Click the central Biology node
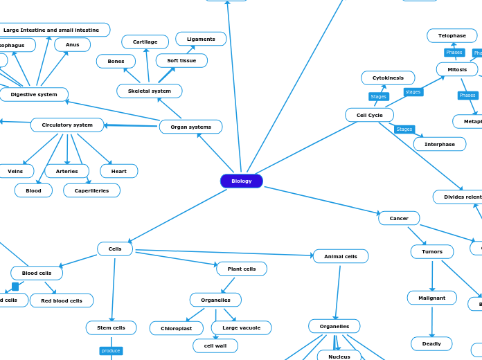coord(242,181)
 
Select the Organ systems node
coord(190,127)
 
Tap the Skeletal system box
coord(150,91)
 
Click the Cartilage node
coord(145,42)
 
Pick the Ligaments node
coord(201,39)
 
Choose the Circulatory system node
coord(67,125)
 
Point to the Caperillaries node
coord(91,190)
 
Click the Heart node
coord(119,171)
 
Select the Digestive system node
coord(34,94)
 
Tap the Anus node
coord(72,44)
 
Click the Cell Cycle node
coord(369,115)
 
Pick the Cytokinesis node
coord(388,78)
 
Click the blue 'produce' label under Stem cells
coord(111,351)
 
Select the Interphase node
coord(440,144)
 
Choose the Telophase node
coord(452,35)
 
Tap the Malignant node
coord(431,298)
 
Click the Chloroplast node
coord(177,328)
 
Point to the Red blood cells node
coord(62,300)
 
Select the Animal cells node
coord(341,256)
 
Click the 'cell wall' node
coord(215,345)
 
